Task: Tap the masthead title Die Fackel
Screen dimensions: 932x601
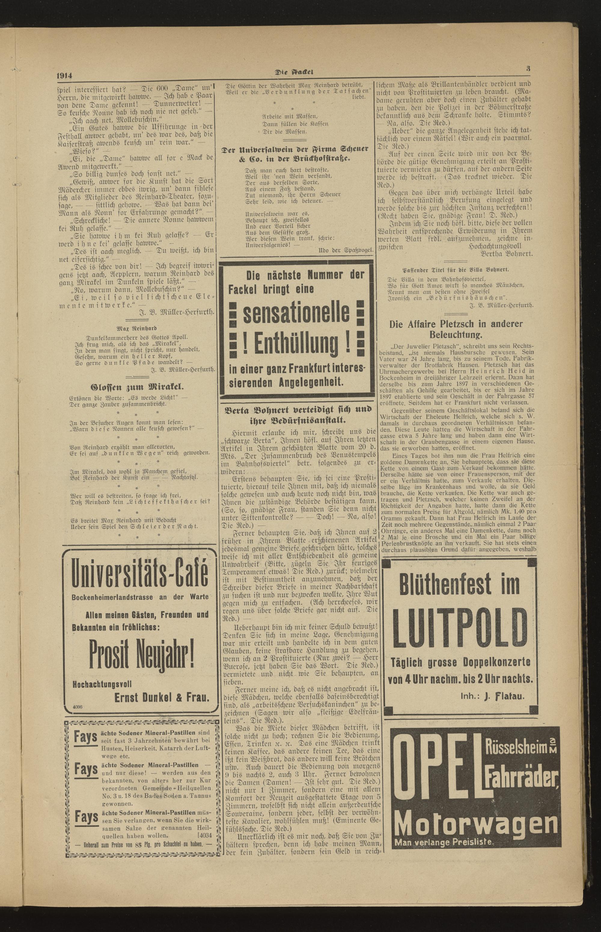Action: [295, 72]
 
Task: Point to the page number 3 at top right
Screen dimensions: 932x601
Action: [528, 68]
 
